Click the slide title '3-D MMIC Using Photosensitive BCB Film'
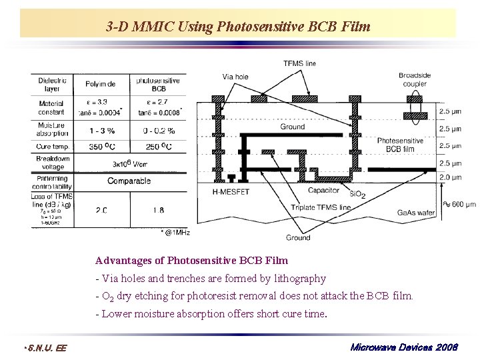pos(237,27)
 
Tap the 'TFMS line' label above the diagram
pos(299,63)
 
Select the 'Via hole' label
pos(235,77)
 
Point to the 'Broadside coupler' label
pos(415,79)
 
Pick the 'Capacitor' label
pos(323,191)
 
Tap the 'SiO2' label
pos(358,194)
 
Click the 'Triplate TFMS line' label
pos(321,207)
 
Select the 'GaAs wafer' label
pos(416,212)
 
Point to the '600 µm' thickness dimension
pos(462,204)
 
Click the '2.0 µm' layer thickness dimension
pos(451,177)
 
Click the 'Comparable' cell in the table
pos(129,181)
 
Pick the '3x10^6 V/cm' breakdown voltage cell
pos(130,163)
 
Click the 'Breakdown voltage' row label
pos(53,163)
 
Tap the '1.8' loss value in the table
pos(158,210)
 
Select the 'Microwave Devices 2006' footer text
pos(404,347)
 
